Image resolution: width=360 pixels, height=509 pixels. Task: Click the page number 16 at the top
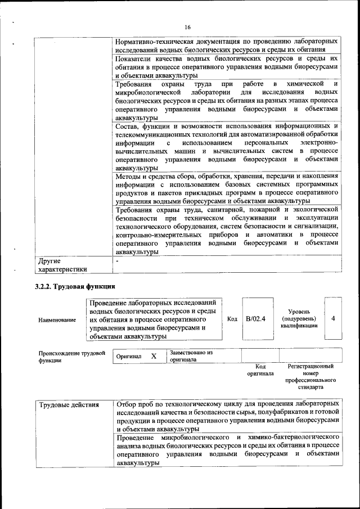click(187, 28)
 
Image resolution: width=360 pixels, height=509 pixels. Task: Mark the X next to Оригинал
click(154, 356)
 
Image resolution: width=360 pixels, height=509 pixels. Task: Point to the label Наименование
click(57, 319)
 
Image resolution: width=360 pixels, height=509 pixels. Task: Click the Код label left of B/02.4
click(232, 319)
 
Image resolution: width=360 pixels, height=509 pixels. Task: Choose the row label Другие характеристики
click(62, 265)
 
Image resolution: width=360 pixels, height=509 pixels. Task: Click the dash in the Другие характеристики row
click(117, 261)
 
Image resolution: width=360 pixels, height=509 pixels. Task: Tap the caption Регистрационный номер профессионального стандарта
click(310, 376)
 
